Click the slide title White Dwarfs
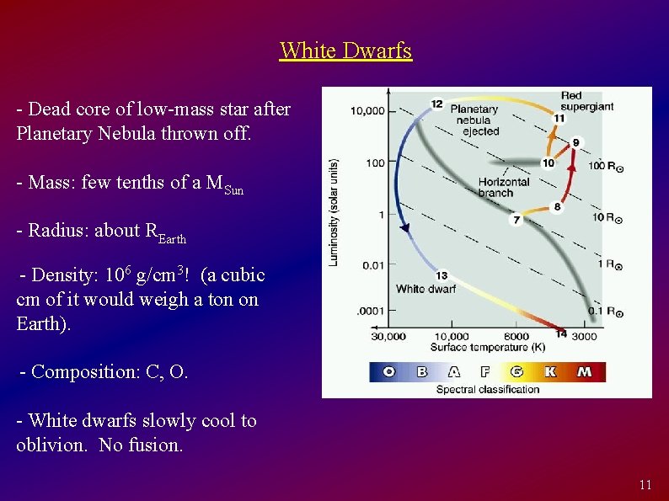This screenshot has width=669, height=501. [x=345, y=51]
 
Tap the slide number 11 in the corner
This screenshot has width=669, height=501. [x=645, y=484]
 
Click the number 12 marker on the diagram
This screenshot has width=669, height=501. [x=436, y=104]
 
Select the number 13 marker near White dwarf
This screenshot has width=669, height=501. [x=442, y=275]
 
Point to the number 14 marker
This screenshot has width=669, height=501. [x=561, y=334]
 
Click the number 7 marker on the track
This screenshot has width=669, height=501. [x=516, y=220]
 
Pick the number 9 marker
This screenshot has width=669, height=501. [x=576, y=142]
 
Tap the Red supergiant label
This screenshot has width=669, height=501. [x=586, y=101]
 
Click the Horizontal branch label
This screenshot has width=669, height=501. [x=503, y=187]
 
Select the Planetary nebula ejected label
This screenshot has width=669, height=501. [x=474, y=120]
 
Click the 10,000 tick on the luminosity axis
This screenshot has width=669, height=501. [x=367, y=110]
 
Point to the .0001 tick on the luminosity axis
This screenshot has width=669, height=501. [x=370, y=312]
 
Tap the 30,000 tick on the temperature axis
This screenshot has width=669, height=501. [x=388, y=337]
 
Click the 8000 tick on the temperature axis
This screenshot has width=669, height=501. [x=516, y=337]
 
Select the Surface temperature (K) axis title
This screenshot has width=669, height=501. [x=486, y=347]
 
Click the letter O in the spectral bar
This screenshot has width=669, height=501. [x=389, y=371]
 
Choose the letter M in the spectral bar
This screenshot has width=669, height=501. [x=585, y=371]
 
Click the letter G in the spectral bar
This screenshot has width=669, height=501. [x=517, y=371]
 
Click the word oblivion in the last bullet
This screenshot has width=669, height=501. [x=51, y=445]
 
